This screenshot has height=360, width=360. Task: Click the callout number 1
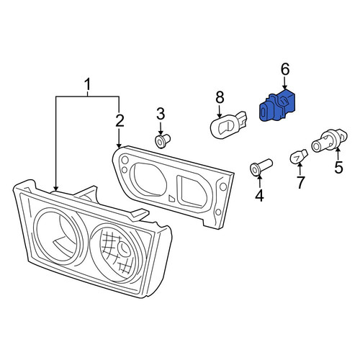(x=88, y=85)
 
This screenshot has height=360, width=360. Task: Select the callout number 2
(x=120, y=120)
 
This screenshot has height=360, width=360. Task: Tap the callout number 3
(x=161, y=114)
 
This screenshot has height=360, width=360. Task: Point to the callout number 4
(x=259, y=195)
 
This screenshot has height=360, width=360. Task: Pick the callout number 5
(x=338, y=167)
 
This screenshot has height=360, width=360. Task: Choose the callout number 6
(x=285, y=69)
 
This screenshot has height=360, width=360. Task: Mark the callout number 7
(x=300, y=183)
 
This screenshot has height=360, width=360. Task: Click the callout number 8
(x=220, y=97)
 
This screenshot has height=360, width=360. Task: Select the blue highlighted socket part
(x=277, y=106)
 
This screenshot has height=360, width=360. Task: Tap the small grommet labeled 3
(x=162, y=141)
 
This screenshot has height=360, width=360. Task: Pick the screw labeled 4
(x=261, y=166)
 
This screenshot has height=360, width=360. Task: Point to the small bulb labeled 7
(x=299, y=156)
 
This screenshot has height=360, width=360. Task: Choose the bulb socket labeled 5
(x=329, y=141)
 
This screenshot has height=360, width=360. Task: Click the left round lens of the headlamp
(x=59, y=236)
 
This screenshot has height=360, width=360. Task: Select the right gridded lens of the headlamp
(x=117, y=253)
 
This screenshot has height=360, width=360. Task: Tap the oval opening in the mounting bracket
(x=150, y=178)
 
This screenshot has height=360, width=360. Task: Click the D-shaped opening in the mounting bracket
(x=192, y=192)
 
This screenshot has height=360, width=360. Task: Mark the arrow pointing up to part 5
(x=338, y=154)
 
